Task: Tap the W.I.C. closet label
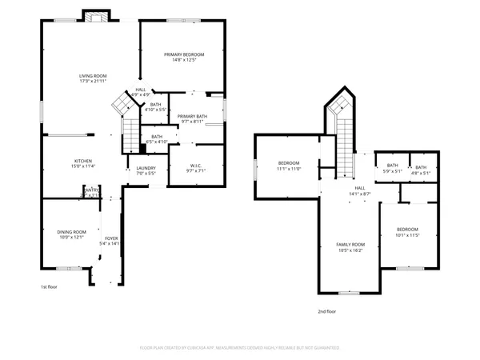196,168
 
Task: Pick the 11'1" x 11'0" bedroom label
289,166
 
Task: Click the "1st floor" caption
50,286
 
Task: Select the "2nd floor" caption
326,312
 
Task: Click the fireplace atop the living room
97,17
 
